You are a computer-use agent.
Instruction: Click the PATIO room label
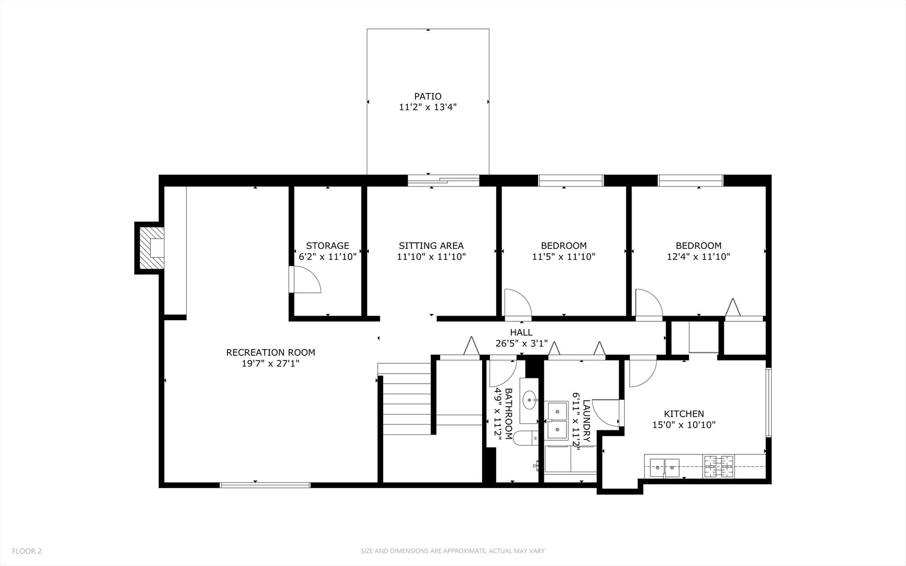(x=428, y=96)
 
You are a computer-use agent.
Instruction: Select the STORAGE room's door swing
(x=305, y=280)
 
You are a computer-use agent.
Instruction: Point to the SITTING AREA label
(x=431, y=246)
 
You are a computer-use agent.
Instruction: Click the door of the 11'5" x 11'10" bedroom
(x=518, y=304)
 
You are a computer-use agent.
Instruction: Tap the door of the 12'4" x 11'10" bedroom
(x=649, y=304)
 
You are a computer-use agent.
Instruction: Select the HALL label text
(x=521, y=332)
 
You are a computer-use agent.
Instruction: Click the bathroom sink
(x=530, y=401)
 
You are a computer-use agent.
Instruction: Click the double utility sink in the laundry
(x=557, y=421)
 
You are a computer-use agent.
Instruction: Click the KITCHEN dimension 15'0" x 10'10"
(x=683, y=425)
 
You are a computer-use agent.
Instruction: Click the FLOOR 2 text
(x=27, y=551)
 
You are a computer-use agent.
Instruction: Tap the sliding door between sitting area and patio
(x=443, y=181)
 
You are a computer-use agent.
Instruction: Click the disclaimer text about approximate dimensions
(x=453, y=551)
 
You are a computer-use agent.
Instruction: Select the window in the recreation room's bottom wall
(x=265, y=485)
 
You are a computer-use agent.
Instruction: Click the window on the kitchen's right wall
(x=768, y=402)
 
